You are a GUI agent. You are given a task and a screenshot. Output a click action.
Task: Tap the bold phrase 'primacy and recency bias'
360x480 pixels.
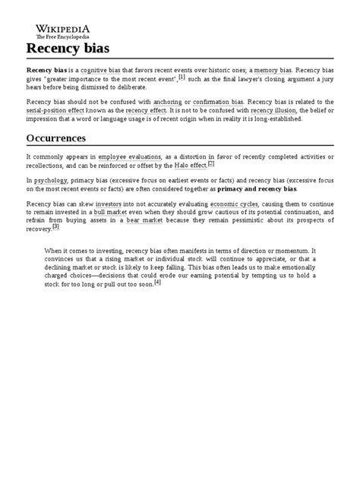pos(253,190)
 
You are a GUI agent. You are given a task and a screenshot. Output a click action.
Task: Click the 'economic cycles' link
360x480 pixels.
pos(235,205)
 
